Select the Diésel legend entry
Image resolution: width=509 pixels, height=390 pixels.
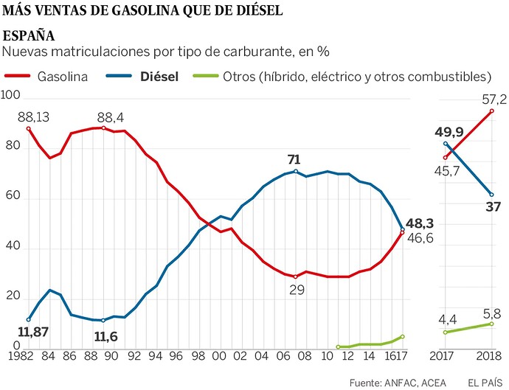tap(159, 76)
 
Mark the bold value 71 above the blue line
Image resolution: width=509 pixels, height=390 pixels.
tap(296, 159)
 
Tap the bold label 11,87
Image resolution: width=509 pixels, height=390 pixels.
tap(32, 332)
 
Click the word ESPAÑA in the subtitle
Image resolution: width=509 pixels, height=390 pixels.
tap(29, 36)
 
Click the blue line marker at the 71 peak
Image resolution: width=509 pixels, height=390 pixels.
tap(296, 171)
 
